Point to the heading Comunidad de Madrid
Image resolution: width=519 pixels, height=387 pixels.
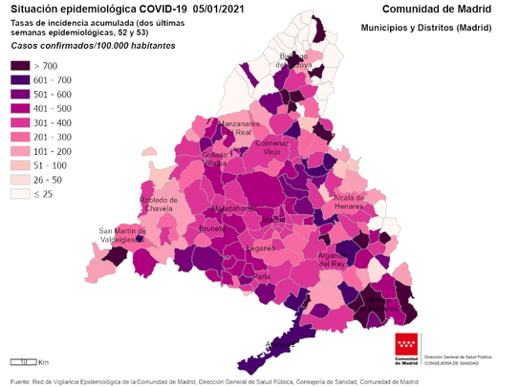[443, 9]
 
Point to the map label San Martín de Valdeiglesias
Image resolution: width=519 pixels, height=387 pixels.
[123, 235]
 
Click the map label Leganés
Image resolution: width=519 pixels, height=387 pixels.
[261, 247]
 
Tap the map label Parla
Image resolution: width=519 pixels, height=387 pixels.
[262, 276]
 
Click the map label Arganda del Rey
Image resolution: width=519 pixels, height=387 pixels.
[357, 259]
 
